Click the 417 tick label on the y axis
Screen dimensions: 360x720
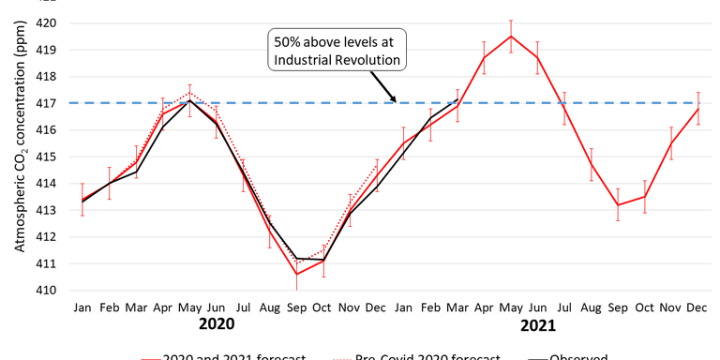tap(45, 103)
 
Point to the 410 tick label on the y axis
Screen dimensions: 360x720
tap(45, 291)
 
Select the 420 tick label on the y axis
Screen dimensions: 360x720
tap(45, 22)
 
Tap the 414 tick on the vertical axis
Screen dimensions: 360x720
tap(45, 184)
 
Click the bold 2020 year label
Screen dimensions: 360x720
tap(230, 324)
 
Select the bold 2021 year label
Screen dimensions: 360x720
tap(537, 325)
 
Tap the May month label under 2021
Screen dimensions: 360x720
tap(510, 307)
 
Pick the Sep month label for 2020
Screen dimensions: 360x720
tap(296, 307)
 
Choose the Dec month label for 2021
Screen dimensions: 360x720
tap(697, 307)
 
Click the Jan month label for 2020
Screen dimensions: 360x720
tap(82, 307)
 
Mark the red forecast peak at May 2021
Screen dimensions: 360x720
tap(510, 37)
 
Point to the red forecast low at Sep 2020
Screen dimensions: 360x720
tap(296, 274)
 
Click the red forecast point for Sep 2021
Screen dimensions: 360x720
tap(617, 204)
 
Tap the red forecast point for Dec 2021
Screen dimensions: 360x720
tap(697, 109)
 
